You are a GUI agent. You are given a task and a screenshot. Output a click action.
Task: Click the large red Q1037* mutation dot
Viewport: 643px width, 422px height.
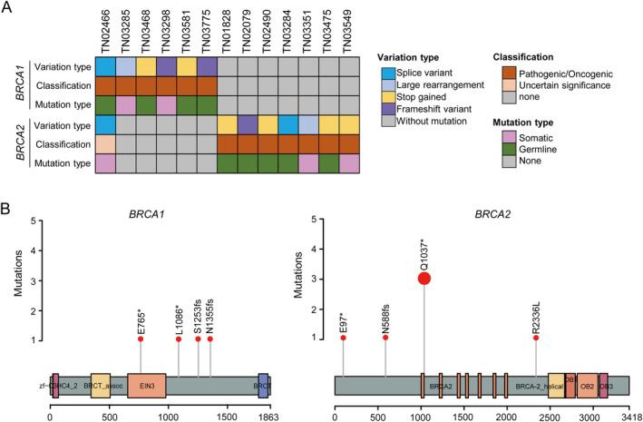(424, 278)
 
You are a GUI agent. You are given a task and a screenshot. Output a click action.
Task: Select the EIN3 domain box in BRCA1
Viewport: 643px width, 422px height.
(146, 385)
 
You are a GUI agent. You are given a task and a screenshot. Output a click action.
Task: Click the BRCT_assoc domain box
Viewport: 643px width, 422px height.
(100, 385)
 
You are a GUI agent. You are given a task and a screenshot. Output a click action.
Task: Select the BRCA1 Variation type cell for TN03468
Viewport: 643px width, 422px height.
(146, 67)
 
